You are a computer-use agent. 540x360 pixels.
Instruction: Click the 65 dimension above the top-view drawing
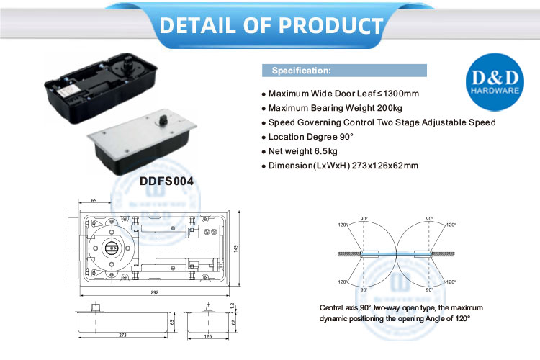pos(94,200)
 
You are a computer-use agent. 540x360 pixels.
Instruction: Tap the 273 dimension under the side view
pos(124,335)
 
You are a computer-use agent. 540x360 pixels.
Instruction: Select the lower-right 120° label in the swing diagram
pos(451,282)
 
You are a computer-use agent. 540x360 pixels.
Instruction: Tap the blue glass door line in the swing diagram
pos(397,253)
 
